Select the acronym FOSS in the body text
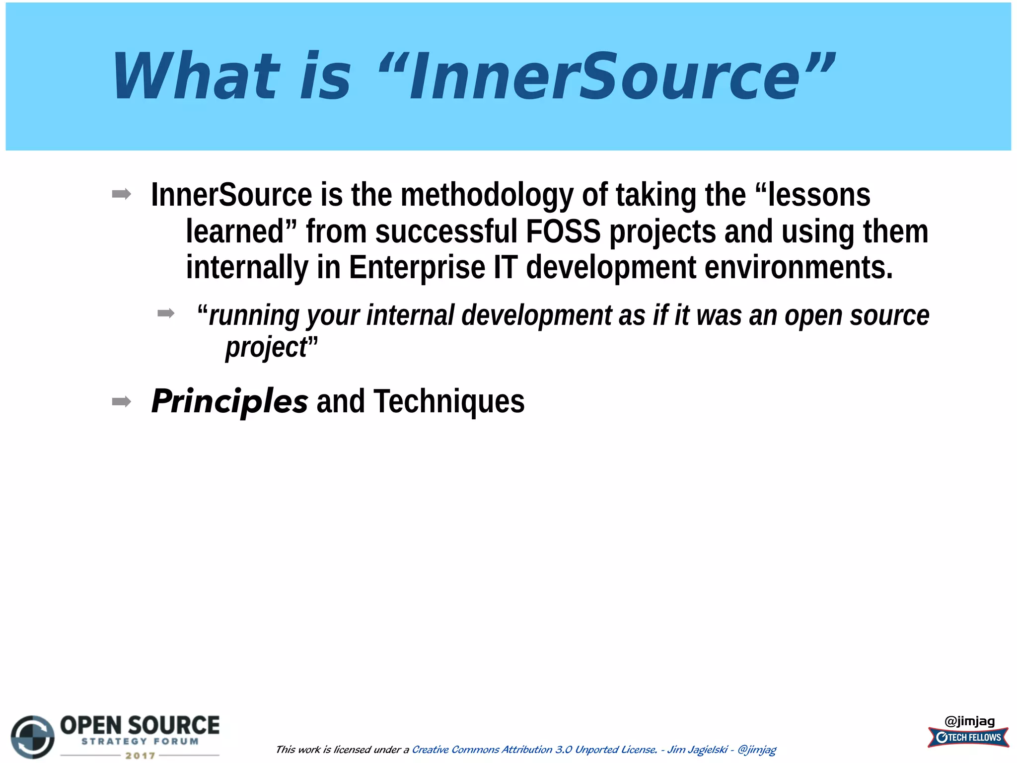pos(563,231)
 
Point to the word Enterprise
pos(417,268)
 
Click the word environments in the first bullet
pos(798,268)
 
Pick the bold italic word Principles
pos(229,401)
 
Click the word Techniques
pos(449,401)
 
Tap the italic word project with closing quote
pos(271,347)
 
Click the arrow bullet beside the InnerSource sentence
pos(122,194)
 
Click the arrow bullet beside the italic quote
pos(166,313)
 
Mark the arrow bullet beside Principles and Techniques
pos(122,401)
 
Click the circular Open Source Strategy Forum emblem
pos(33,737)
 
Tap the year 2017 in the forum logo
pos(140,756)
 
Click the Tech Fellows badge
pos(968,737)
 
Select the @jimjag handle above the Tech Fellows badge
pos(969,721)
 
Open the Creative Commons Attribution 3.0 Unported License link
pos(534,750)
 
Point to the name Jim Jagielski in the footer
pos(697,750)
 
